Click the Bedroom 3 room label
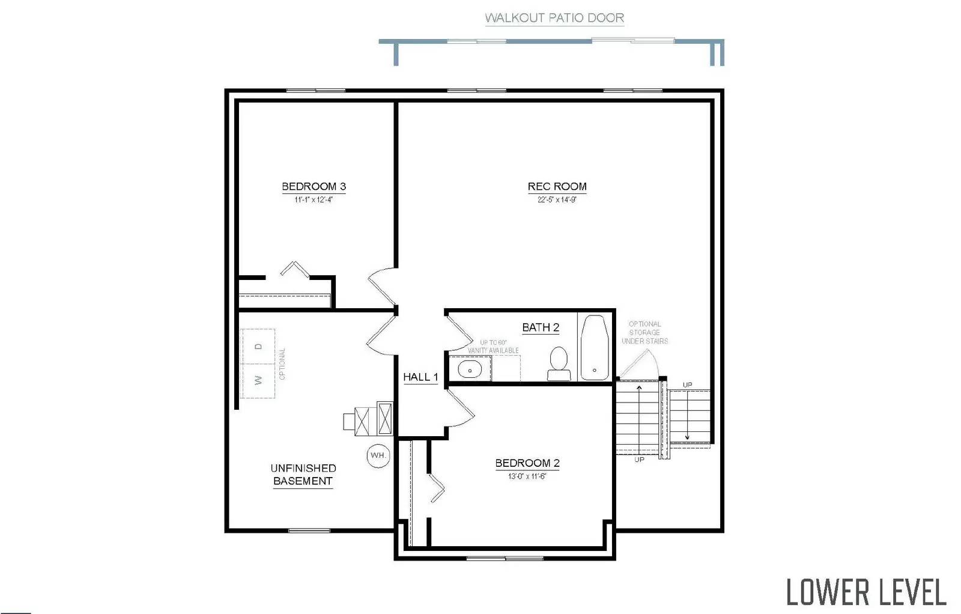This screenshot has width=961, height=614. click(x=314, y=186)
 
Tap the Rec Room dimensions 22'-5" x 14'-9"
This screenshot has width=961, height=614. click(x=557, y=199)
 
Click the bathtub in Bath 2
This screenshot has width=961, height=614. click(x=595, y=347)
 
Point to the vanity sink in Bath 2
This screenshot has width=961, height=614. click(x=470, y=369)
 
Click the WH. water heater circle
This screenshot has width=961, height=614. click(x=378, y=455)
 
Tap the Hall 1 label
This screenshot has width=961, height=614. click(x=420, y=377)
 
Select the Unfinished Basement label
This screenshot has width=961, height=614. click(x=303, y=475)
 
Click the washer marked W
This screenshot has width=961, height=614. click(x=258, y=380)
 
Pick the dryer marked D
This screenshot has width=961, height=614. click(x=258, y=346)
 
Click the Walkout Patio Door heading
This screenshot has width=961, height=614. click(x=554, y=18)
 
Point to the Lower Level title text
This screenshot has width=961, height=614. click(x=866, y=592)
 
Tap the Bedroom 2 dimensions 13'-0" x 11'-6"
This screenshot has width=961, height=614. click(x=527, y=476)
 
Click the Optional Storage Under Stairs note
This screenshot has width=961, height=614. click(x=644, y=332)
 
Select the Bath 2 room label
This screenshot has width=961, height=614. click(x=541, y=327)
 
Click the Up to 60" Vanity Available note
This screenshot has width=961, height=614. click(x=493, y=347)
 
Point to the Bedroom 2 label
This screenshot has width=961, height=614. click(x=527, y=463)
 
